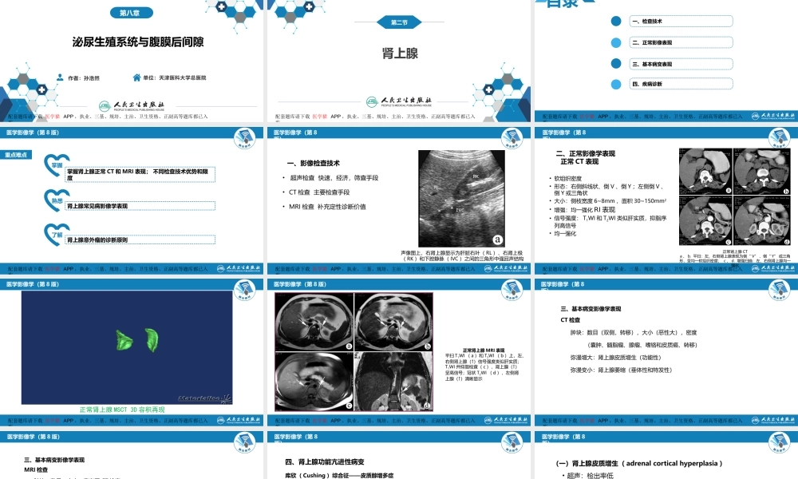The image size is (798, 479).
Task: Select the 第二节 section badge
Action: tap(400, 22)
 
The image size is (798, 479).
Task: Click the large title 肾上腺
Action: tap(400, 53)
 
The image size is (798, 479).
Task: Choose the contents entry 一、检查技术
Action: tap(647, 22)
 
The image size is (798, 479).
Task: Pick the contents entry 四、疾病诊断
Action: tap(647, 84)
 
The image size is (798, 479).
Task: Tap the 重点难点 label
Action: tap(18, 156)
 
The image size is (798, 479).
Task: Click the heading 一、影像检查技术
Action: tap(318, 163)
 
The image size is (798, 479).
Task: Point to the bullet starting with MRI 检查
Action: tap(327, 208)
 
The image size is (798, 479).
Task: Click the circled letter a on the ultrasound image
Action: tap(498, 238)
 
